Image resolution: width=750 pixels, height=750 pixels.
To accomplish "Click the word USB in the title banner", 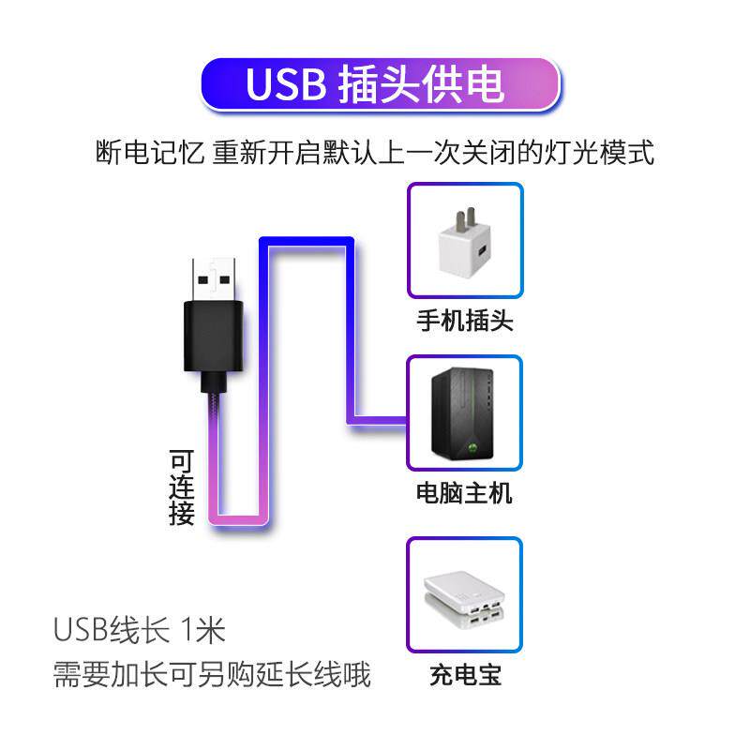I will tap(284, 83).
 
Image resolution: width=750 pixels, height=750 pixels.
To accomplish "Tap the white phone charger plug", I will tap(465, 247).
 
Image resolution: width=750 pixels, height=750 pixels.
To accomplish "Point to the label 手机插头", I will tap(465, 322).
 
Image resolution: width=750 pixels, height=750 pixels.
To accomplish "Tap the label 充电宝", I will tap(465, 675).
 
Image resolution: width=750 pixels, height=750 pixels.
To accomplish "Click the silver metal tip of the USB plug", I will tap(214, 276).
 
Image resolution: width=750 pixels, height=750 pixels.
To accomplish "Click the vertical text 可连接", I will tap(182, 487).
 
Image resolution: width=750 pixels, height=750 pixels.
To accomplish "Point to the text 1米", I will tap(199, 629).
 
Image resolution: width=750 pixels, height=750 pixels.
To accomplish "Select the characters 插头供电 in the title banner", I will tap(419, 83).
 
